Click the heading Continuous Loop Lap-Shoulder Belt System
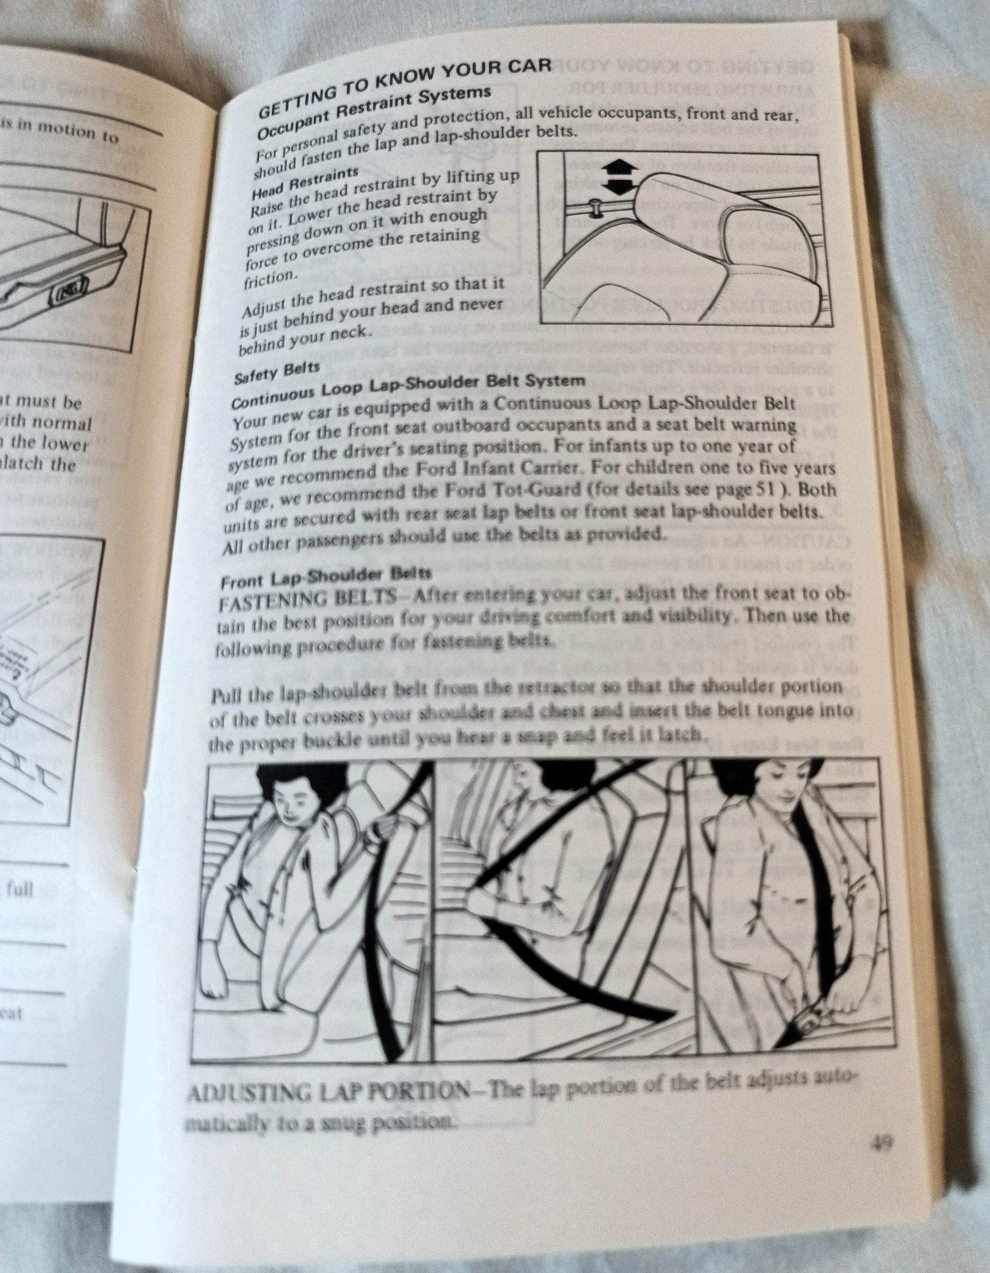(407, 390)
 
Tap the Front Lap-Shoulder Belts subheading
(326, 577)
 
